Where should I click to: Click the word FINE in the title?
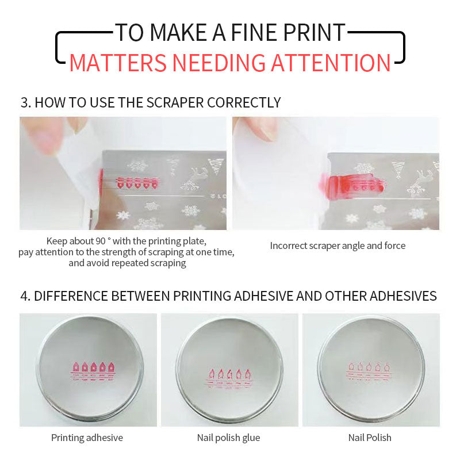point(254,32)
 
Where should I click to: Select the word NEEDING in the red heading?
point(218,63)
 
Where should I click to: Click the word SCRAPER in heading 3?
point(175,103)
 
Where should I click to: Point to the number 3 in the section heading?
point(24,103)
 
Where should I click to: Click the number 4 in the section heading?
point(24,296)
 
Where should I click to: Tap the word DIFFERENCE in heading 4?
point(71,296)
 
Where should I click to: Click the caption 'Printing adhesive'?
point(87,438)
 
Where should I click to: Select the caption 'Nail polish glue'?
point(228,438)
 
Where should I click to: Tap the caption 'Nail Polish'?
point(370,438)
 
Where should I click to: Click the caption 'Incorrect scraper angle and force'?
point(338,246)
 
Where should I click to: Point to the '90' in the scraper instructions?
point(100,241)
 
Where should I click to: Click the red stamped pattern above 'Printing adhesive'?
point(93,371)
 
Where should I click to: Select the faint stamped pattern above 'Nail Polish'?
point(369,372)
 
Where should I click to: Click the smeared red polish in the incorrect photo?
point(352,185)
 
